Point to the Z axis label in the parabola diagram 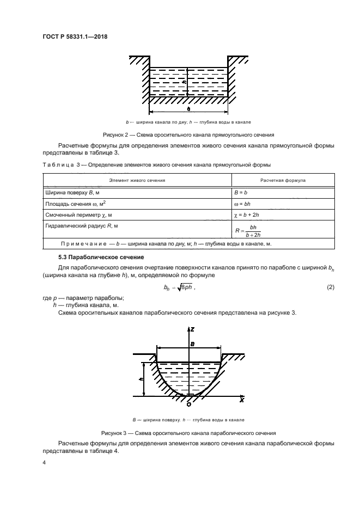[192, 330]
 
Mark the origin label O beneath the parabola [188, 404]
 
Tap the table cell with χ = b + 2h [249, 215]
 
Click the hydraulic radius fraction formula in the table [247, 231]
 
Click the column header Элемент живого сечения [137, 179]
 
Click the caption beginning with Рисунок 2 [188, 134]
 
